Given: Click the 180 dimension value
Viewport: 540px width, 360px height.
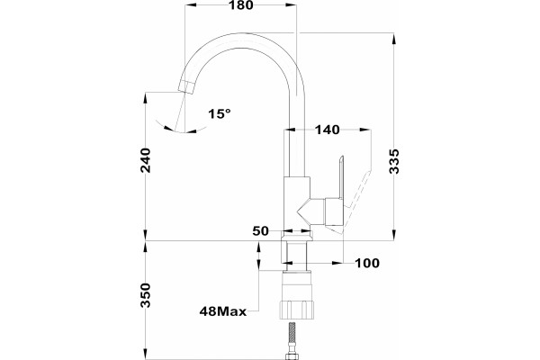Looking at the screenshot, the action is pyautogui.click(x=240, y=5).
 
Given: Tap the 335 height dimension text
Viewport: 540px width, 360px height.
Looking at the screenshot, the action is pyautogui.click(x=394, y=161).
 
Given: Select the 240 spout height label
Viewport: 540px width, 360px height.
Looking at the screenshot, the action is pyautogui.click(x=146, y=160).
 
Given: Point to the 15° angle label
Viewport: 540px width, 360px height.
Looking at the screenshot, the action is pyautogui.click(x=220, y=113).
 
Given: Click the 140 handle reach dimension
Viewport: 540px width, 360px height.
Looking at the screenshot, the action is pyautogui.click(x=328, y=130).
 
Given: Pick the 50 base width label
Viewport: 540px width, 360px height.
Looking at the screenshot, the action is pyautogui.click(x=260, y=230).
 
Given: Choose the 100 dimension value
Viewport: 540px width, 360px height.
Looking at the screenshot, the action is pyautogui.click(x=367, y=263).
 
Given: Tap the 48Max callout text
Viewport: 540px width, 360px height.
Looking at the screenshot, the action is pyautogui.click(x=223, y=311).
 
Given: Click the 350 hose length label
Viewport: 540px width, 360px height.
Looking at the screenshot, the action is pyautogui.click(x=146, y=295).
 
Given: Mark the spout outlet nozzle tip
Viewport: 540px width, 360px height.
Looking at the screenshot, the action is pyautogui.click(x=186, y=88).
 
